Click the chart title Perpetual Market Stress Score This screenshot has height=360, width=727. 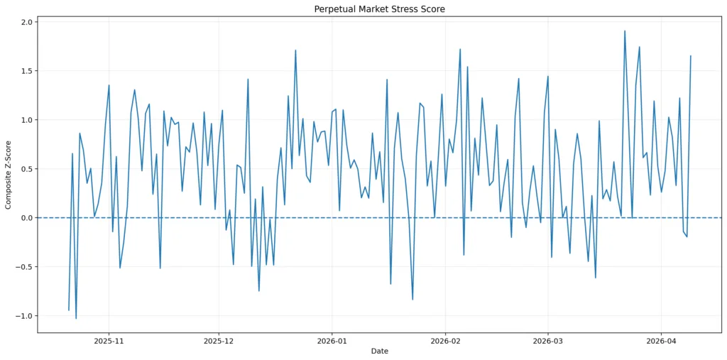[379, 9]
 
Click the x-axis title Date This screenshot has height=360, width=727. [379, 351]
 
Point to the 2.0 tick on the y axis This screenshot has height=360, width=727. [26, 22]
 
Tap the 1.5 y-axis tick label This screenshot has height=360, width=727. [26, 71]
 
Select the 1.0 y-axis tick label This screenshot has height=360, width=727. [26, 120]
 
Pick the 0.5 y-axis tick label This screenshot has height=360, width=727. [26, 169]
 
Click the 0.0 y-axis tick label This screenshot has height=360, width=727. [26, 218]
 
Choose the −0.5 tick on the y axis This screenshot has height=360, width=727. [23, 267]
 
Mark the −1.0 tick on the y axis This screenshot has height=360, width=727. [23, 316]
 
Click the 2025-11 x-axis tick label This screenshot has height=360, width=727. [109, 341]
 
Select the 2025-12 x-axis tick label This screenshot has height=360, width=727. [219, 341]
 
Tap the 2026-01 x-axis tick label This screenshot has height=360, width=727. [332, 341]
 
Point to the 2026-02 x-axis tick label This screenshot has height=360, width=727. [445, 341]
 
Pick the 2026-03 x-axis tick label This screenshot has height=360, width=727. [547, 341]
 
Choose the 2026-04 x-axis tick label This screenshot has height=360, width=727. [661, 341]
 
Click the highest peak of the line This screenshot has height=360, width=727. [625, 31]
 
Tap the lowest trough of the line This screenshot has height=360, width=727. [76, 318]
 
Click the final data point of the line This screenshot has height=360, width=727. [691, 56]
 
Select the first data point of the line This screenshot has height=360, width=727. [69, 310]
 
